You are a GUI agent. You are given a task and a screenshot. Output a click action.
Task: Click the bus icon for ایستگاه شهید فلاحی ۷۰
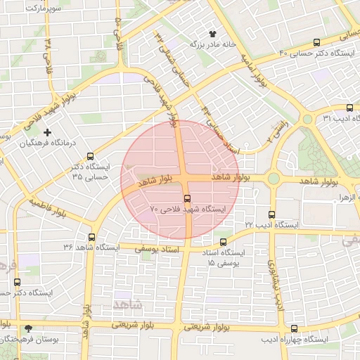point(187,198)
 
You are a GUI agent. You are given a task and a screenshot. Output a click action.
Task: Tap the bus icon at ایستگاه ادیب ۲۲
point(272,214)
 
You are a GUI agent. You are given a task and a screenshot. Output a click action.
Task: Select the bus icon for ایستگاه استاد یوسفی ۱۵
point(223,242)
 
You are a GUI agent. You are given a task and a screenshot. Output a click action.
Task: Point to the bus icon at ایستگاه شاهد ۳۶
point(91,236)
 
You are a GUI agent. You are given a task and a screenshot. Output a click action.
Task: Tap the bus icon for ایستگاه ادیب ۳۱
point(349,108)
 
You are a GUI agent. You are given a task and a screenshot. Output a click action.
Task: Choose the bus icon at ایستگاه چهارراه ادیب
point(294,329)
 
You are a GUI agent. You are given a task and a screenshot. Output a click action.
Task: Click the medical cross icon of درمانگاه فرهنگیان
point(48,132)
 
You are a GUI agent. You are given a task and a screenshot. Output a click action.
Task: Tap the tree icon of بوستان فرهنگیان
point(28,328)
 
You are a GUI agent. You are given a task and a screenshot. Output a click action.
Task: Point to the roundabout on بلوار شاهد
point(273,179)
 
